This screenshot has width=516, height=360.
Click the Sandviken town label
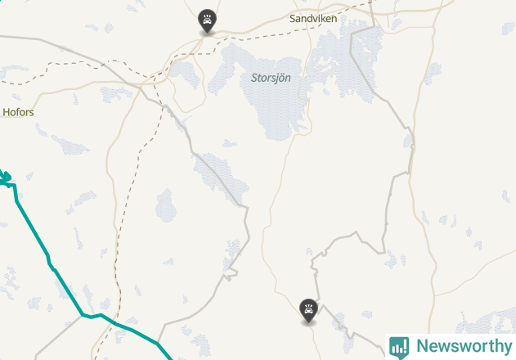tap(313, 17)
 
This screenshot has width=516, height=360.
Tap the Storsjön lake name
tap(271, 78)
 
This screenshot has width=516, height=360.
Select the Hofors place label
tap(19, 112)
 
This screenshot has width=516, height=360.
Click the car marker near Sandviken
tap(208, 20)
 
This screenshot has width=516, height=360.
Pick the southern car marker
tap(308, 308)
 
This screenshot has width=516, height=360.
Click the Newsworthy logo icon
tap(400, 347)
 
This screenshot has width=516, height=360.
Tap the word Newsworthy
tap(463, 346)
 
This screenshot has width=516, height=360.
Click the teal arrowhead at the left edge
tap(4, 176)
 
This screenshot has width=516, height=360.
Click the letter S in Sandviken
tap(293, 17)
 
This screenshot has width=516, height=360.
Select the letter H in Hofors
tap(7, 112)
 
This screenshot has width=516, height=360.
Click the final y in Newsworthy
tap(506, 348)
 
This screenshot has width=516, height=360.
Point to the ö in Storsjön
tap(280, 78)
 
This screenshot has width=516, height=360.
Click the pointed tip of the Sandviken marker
tap(208, 34)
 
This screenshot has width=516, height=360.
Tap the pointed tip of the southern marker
tap(308, 323)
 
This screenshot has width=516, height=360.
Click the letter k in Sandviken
tap(322, 17)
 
